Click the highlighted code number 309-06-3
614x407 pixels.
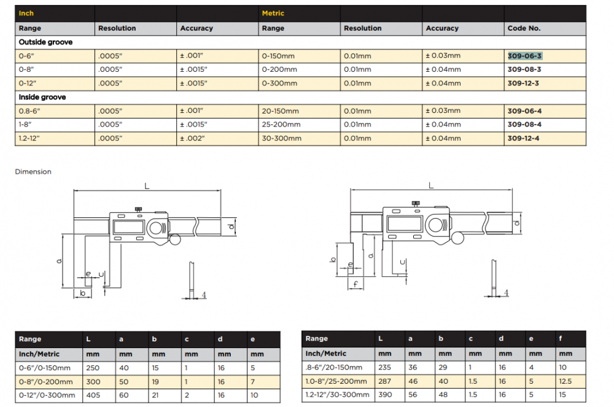coord(524,56)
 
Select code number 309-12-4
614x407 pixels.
coord(523,138)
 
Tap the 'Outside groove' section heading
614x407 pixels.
coord(45,42)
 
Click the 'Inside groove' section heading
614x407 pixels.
coord(42,97)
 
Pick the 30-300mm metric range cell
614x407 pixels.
coord(282,138)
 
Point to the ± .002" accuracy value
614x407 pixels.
coord(192,138)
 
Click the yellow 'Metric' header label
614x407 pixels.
coord(273,14)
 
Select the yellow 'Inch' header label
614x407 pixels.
coord(26,14)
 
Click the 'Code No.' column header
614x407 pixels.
coord(524,28)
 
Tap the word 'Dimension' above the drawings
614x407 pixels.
coord(33,171)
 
